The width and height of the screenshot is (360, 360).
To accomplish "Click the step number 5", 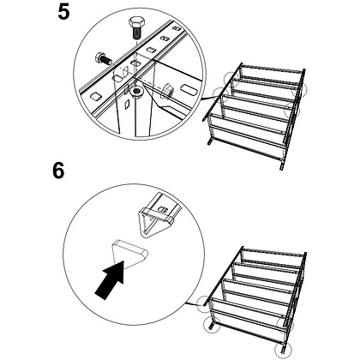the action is pyautogui.click(x=63, y=13).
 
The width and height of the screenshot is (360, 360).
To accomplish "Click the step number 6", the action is pyautogui.click(x=58, y=171).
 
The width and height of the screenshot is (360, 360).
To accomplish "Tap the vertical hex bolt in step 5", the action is pyautogui.click(x=136, y=27).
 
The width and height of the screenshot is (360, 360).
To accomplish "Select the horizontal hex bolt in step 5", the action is pyautogui.click(x=104, y=58).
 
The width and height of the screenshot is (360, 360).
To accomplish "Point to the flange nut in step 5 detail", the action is pyautogui.click(x=167, y=91).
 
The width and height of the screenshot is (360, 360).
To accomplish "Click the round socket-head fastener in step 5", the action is pyautogui.click(x=136, y=92).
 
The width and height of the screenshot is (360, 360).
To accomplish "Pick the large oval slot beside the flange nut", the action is pyautogui.click(x=189, y=90).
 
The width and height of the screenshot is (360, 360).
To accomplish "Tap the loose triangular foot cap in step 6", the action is pyautogui.click(x=129, y=253).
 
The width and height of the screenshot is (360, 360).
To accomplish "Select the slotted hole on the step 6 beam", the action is pyautogui.click(x=163, y=209).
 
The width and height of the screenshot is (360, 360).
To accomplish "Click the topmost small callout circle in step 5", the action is pyautogui.click(x=232, y=78).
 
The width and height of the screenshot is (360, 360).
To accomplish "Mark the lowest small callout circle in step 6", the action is pyautogui.click(x=283, y=349).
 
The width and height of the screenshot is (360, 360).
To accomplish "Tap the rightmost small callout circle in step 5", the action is pyautogui.click(x=299, y=90).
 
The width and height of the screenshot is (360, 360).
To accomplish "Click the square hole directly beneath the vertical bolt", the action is pyautogui.click(x=136, y=63).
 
